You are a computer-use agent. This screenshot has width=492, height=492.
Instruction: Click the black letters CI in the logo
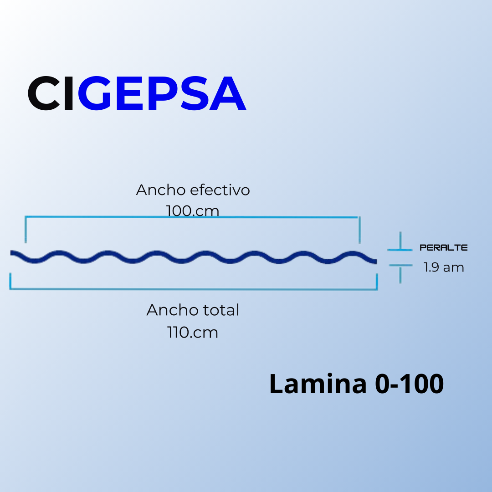click(51, 94)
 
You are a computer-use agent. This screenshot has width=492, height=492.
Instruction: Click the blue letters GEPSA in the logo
click(162, 94)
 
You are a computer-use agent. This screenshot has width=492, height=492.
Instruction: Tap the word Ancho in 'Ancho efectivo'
click(161, 190)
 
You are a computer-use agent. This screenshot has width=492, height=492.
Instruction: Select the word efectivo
click(220, 190)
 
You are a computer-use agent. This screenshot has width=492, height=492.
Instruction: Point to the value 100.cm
click(193, 211)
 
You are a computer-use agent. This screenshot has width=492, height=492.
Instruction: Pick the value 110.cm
click(193, 332)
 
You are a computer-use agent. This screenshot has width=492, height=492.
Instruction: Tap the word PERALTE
click(444, 248)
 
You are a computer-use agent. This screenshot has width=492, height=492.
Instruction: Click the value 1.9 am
click(444, 267)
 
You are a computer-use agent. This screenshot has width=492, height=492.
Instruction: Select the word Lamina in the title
click(318, 384)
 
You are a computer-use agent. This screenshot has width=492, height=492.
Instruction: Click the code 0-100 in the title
click(409, 384)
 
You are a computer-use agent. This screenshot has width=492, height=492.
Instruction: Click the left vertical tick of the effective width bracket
click(26, 230)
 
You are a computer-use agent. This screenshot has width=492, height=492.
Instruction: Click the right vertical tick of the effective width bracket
click(360, 230)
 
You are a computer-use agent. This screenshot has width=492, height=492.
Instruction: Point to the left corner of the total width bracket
click(10, 288)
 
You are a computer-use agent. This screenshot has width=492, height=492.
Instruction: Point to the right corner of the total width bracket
click(377, 288)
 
